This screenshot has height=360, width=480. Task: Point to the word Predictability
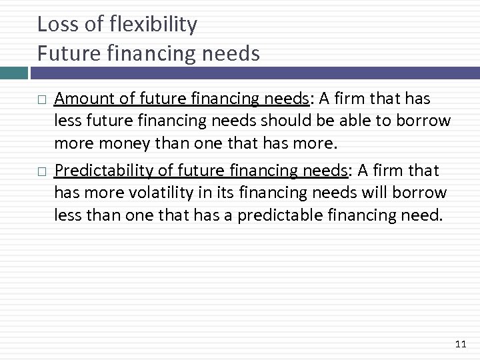[x=100, y=171]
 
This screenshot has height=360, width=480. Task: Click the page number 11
[x=459, y=344]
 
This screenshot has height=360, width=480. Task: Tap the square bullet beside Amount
[x=42, y=100]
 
